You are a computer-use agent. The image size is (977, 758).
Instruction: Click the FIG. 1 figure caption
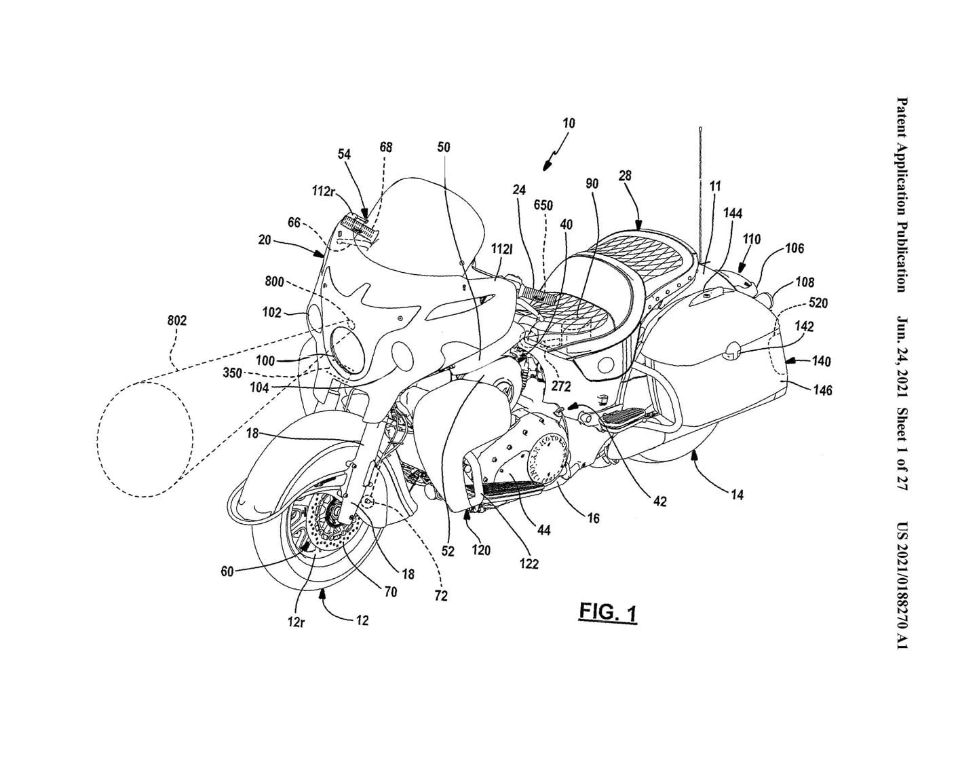[x=608, y=613]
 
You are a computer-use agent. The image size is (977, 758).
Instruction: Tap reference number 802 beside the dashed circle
[x=177, y=320]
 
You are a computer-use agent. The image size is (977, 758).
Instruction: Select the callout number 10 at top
[x=569, y=123]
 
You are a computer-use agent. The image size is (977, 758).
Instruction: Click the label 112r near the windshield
[x=325, y=192]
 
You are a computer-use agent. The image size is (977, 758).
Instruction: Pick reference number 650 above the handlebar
[x=543, y=206]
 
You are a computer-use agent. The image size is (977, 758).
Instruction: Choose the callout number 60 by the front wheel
[x=227, y=571]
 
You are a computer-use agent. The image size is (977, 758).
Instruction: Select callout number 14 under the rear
[x=737, y=495]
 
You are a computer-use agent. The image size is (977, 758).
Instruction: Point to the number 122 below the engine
[x=529, y=563]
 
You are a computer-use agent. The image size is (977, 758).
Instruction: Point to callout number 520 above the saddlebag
[x=818, y=303]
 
